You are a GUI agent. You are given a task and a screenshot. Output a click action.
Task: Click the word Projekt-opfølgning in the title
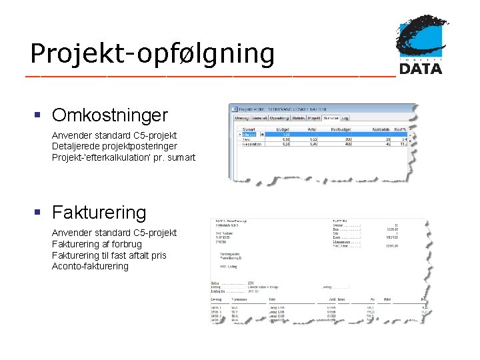(x=152, y=53)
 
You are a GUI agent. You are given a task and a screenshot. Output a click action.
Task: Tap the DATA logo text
(x=420, y=67)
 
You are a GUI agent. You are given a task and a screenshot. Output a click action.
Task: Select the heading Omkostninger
(x=109, y=115)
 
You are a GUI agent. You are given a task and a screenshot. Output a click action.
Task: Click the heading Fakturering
(x=99, y=213)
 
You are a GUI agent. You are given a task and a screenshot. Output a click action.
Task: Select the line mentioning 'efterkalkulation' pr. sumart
(x=123, y=158)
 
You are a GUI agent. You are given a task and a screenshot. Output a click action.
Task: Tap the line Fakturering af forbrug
(x=97, y=244)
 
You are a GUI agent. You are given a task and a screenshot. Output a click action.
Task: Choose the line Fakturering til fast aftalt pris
(x=109, y=255)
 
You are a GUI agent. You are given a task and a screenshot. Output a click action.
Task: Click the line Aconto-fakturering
(x=90, y=266)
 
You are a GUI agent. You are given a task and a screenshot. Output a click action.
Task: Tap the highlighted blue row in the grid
(x=320, y=134)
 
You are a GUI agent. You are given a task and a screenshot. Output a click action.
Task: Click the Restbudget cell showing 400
(x=348, y=143)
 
